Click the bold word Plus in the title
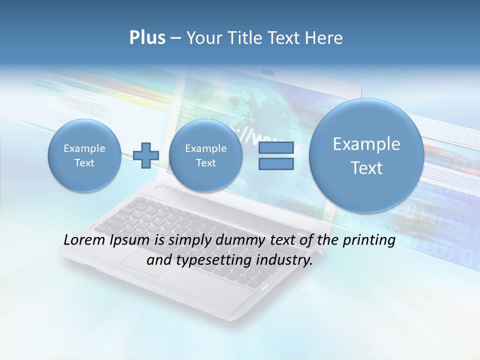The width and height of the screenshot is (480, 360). click(147, 38)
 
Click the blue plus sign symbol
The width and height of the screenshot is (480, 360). click(146, 155)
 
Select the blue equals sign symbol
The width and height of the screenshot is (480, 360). click(276, 155)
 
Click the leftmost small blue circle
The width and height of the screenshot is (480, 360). click(84, 155)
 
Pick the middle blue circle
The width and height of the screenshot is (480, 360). click(205, 155)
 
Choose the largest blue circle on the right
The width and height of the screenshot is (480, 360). click(366, 155)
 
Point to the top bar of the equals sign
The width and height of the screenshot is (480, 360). click(276, 147)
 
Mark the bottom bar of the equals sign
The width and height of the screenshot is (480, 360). click(276, 163)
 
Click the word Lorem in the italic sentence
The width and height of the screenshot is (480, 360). click(85, 240)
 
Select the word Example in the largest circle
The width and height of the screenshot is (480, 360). click(366, 144)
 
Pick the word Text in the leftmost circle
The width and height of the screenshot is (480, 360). click(84, 163)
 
